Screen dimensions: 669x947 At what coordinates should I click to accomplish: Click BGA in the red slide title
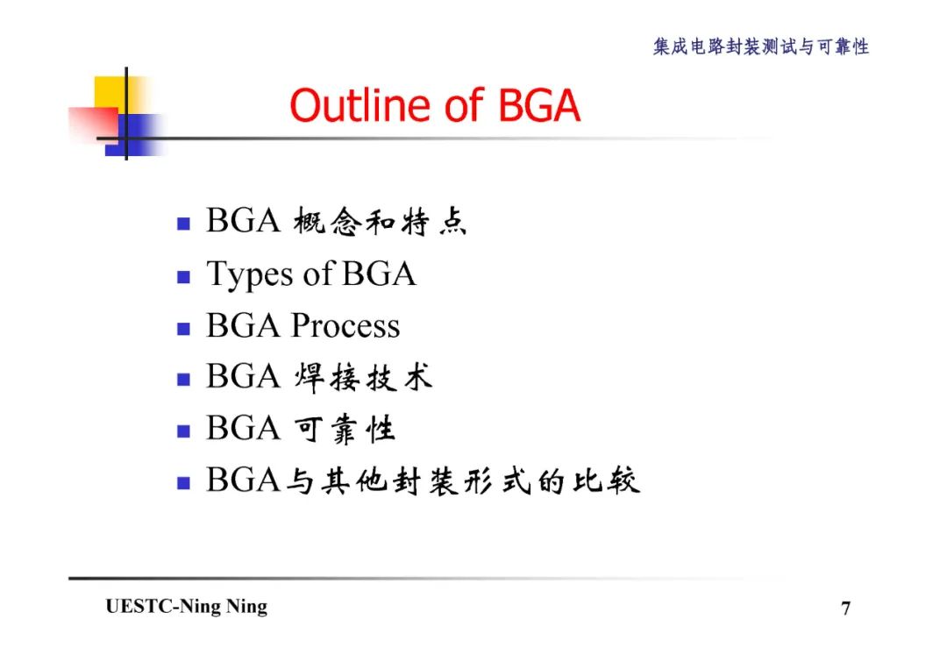(538, 106)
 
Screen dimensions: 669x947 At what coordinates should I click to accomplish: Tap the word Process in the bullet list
(345, 326)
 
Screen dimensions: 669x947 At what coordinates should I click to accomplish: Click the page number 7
(845, 609)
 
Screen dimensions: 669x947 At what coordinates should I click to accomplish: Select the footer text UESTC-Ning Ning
(187, 607)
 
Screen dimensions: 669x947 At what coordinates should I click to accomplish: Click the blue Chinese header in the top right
(760, 47)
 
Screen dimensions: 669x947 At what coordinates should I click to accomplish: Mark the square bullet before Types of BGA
(183, 278)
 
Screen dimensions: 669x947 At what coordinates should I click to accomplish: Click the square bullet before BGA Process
(183, 330)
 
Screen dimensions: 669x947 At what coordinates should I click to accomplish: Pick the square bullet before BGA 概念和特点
(183, 224)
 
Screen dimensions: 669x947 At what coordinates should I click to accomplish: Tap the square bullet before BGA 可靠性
(183, 431)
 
